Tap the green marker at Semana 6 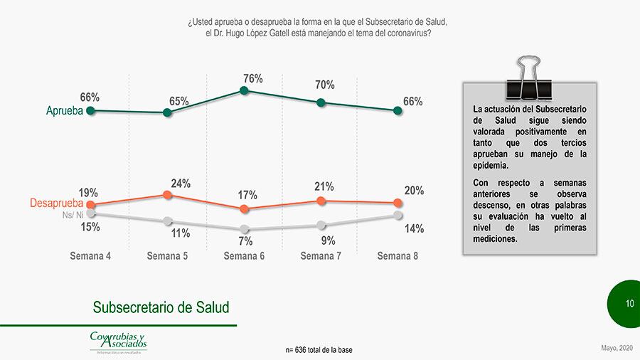244,90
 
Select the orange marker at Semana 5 167,194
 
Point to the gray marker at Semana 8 398,215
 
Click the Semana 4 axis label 90,256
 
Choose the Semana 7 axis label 321,256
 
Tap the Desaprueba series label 57,204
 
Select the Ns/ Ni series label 73,214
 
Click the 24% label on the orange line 181,184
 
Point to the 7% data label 245,241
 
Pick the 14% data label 414,228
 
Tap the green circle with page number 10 628,304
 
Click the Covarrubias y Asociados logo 118,341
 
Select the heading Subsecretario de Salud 161,307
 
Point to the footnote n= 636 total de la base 319,350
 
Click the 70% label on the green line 325,85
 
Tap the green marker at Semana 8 398,111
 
